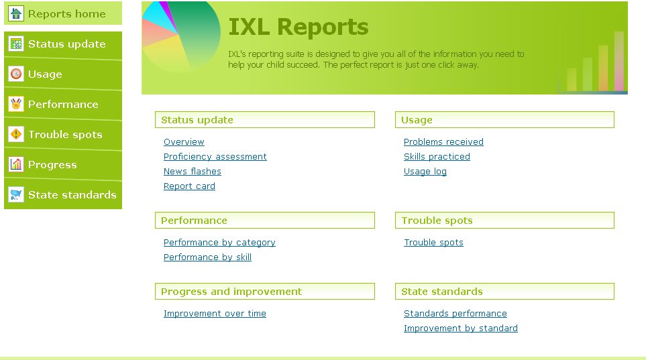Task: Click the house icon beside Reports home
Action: point(16,13)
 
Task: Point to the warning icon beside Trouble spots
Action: point(16,134)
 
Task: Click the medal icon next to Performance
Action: point(16,104)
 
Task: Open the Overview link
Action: point(184,142)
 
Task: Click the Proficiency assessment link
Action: point(215,157)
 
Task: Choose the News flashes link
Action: point(192,172)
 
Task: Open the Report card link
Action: point(189,186)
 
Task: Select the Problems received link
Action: point(443,142)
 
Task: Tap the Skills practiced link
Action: point(437,157)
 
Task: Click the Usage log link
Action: point(425,172)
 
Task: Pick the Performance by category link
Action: point(219,243)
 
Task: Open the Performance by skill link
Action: point(207,257)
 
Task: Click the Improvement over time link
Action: point(215,314)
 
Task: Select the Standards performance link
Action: point(455,314)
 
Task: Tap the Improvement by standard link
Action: point(460,328)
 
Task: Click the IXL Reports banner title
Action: point(298,27)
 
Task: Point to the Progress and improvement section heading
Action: point(231,292)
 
